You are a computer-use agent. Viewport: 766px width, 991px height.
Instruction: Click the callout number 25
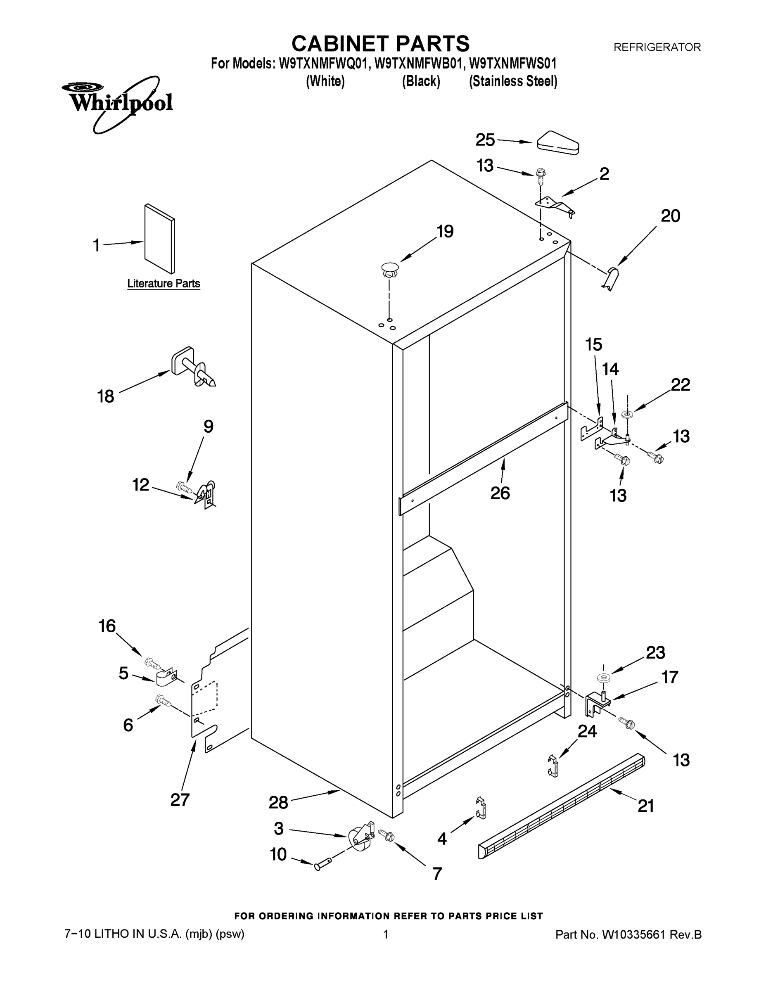[485, 139]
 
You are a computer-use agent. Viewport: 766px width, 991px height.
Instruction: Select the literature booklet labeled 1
[159, 239]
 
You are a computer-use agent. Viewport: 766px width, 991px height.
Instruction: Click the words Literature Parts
[164, 284]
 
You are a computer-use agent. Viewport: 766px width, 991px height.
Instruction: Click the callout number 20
[670, 216]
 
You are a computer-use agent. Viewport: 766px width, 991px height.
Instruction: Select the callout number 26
[500, 493]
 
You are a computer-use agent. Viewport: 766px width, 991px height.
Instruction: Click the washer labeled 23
[603, 678]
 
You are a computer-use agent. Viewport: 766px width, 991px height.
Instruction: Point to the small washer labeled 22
[628, 414]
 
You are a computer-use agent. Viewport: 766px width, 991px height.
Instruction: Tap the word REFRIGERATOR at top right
[657, 47]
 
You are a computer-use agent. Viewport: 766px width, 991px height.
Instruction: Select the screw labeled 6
[164, 702]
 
